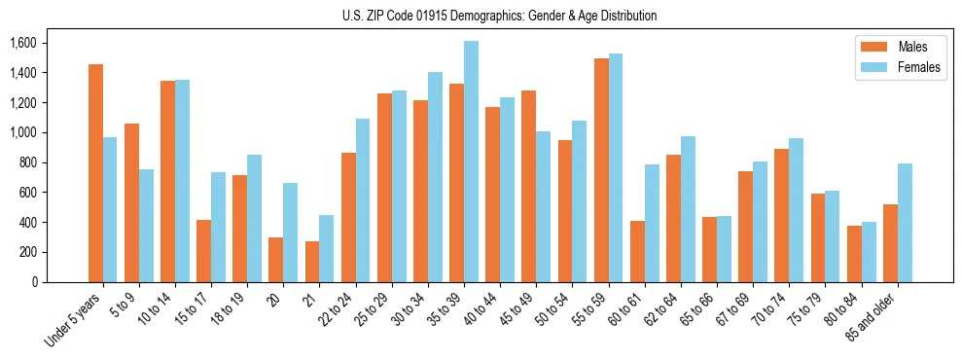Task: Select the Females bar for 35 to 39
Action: coord(471,162)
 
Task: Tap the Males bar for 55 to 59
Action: coord(601,170)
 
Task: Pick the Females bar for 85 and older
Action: coord(905,223)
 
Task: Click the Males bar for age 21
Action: coord(312,262)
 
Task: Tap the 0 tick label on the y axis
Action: coord(35,282)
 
